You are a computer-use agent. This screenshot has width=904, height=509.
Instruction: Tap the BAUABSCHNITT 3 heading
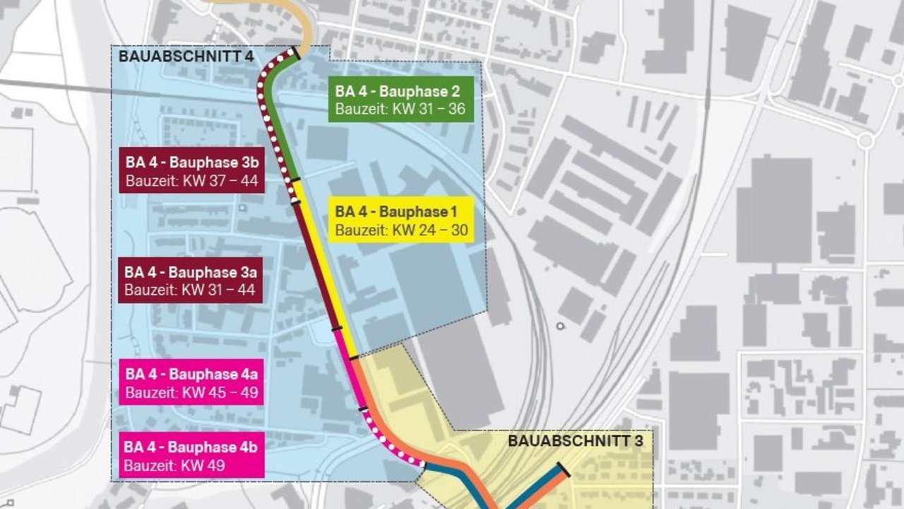click(576, 441)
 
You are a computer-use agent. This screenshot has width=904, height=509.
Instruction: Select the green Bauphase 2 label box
click(401, 100)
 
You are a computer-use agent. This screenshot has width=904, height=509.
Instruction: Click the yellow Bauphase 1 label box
click(401, 220)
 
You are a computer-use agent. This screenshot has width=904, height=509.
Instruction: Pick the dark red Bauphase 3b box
click(192, 170)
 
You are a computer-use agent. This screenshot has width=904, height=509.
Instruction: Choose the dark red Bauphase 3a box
click(191, 281)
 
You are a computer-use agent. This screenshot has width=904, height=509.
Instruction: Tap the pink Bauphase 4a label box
click(192, 382)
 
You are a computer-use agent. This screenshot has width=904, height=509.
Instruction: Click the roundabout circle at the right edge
click(866, 140)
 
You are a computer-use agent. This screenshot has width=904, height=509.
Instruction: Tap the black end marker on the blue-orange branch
click(564, 469)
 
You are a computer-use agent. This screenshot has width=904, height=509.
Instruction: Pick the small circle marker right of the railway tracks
click(560, 326)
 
